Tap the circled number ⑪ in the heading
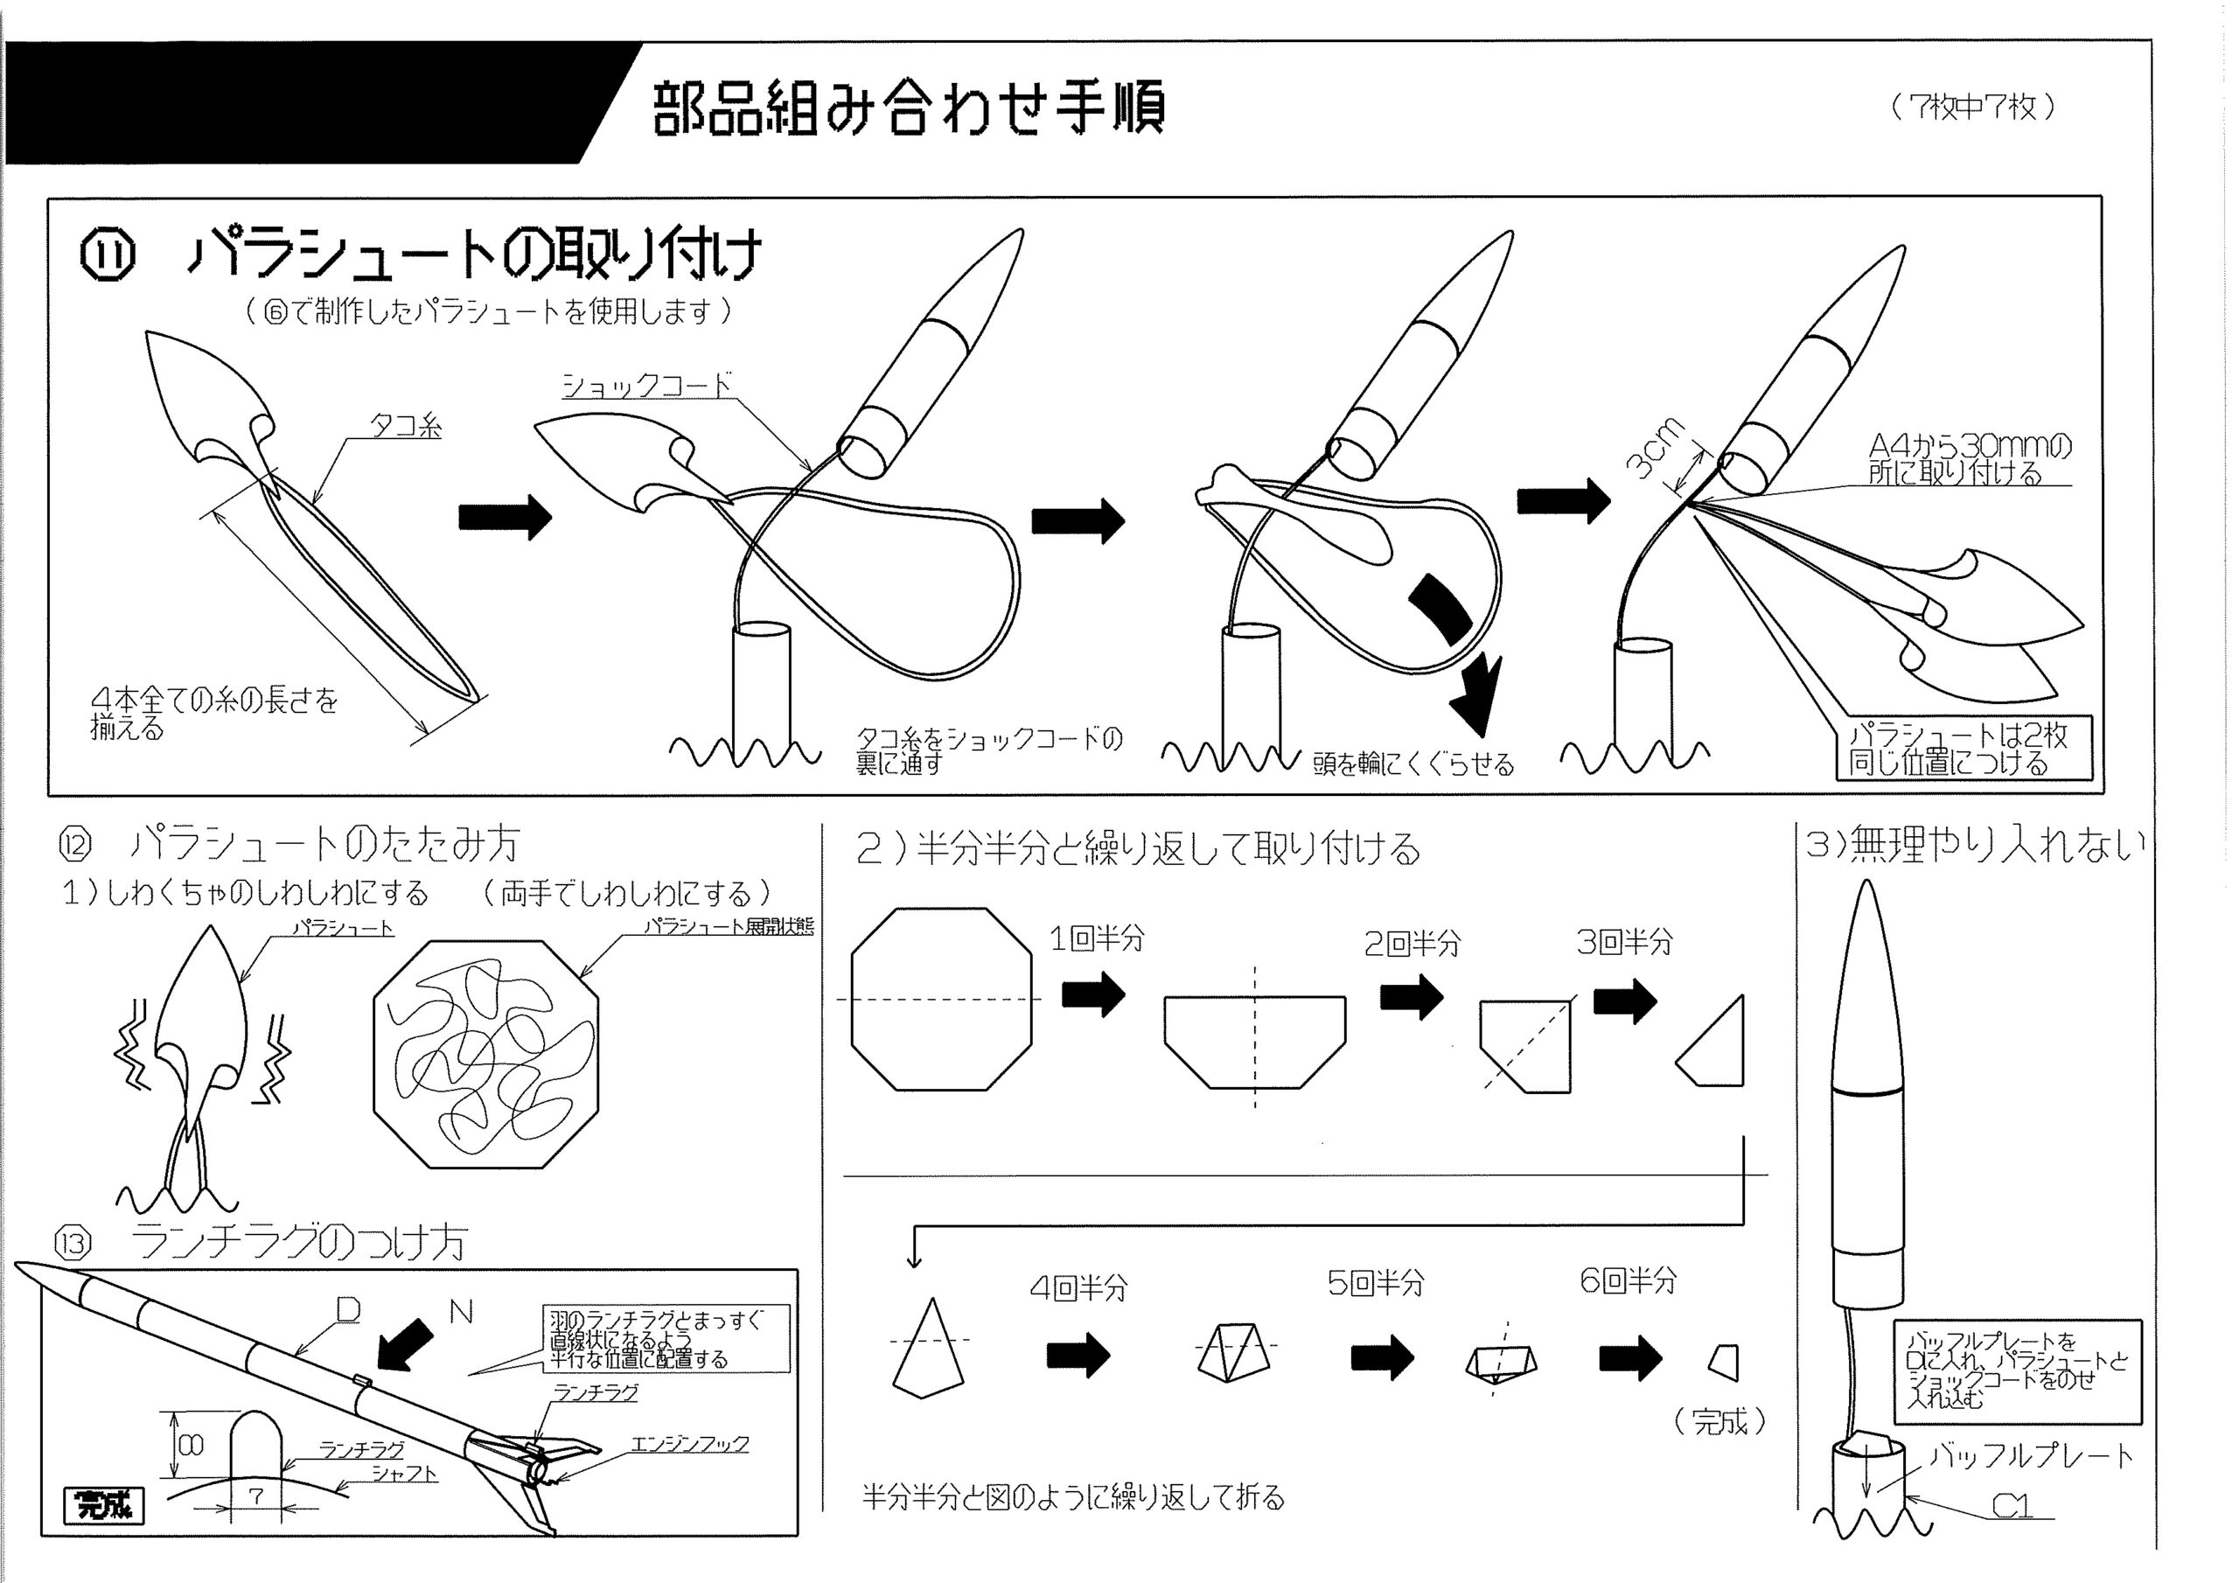point(107,255)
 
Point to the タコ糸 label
point(406,426)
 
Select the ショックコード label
point(646,387)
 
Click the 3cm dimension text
point(1655,448)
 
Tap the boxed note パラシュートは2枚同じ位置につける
point(1958,749)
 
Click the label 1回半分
point(1096,938)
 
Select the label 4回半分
point(1078,1288)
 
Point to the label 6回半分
point(1628,1280)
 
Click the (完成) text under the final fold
point(1720,1421)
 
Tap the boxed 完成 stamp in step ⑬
point(103,1505)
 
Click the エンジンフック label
point(689,1444)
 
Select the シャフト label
point(404,1473)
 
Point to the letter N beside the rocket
point(461,1313)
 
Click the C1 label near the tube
point(2011,1507)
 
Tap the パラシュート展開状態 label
point(729,926)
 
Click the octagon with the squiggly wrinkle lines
point(485,1053)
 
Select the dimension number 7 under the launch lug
point(255,1496)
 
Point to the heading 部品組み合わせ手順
point(908,108)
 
